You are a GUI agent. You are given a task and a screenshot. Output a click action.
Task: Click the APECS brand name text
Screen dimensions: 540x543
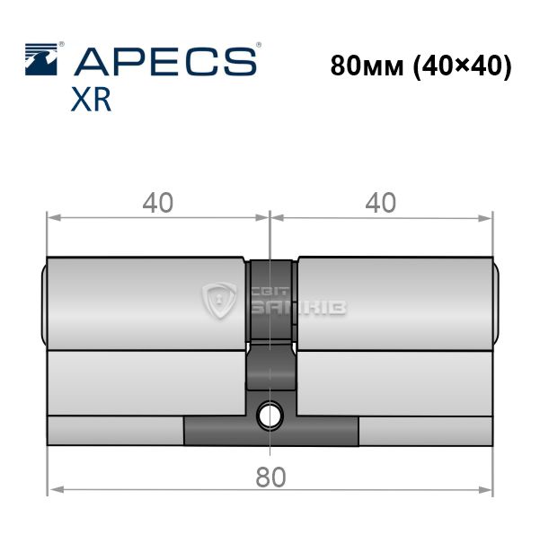tap(165, 62)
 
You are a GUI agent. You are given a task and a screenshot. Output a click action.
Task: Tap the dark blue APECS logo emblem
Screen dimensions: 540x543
tap(41, 59)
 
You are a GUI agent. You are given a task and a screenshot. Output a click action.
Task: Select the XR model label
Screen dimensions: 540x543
tap(91, 100)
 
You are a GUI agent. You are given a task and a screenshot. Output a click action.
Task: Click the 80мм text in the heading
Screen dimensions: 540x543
tap(367, 66)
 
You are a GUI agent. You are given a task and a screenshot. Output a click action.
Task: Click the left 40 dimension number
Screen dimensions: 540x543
tap(158, 203)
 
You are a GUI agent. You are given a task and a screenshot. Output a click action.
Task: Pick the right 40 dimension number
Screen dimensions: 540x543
tap(381, 203)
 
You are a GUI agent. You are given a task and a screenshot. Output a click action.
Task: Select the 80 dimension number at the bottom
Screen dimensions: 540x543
tap(270, 477)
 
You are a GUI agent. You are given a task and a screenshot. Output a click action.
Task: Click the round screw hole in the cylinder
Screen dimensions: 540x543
tap(270, 415)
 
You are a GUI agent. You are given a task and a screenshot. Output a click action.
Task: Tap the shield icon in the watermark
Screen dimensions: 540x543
tap(219, 300)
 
